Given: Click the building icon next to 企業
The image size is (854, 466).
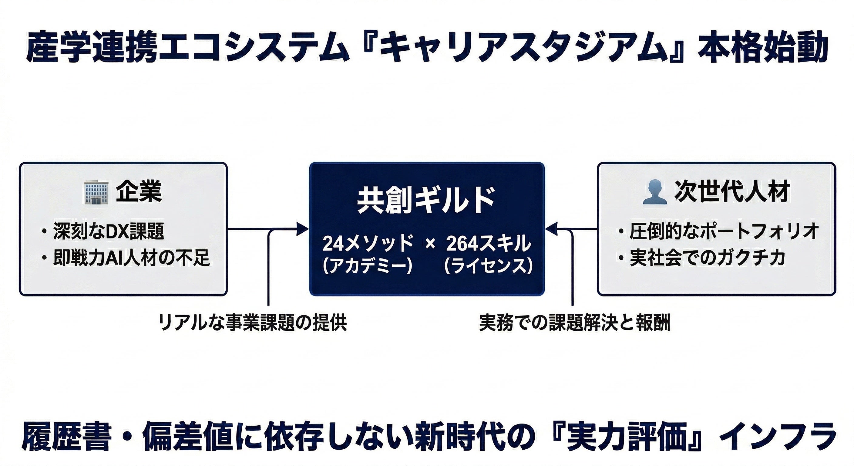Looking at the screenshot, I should [96, 192].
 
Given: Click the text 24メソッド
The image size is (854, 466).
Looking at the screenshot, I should [368, 244].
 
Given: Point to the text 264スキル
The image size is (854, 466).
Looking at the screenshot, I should [489, 244].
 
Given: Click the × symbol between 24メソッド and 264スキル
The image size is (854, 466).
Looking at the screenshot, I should [430, 244].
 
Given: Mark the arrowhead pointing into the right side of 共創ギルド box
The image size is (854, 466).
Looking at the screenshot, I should [550, 229].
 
